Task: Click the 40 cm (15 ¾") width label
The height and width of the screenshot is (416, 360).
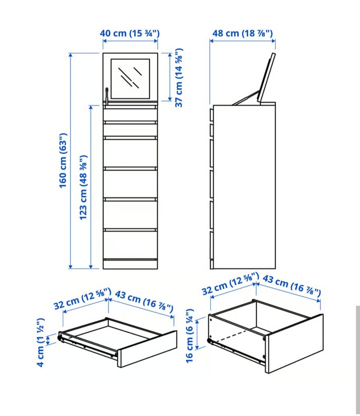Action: click(130, 33)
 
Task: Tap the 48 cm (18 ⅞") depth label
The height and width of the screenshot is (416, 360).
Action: click(242, 33)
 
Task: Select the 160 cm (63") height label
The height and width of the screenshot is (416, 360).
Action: click(63, 161)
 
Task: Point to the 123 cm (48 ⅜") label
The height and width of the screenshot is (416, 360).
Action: click(84, 187)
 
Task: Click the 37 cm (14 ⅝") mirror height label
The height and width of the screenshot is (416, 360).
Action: click(179, 78)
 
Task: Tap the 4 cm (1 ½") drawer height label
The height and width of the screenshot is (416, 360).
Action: click(40, 342)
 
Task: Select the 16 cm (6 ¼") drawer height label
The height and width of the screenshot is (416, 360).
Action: click(190, 336)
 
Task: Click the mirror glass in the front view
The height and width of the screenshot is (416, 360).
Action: click(130, 79)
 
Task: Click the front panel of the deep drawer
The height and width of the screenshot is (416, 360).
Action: click(294, 344)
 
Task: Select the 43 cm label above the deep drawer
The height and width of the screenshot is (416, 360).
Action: click(292, 285)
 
